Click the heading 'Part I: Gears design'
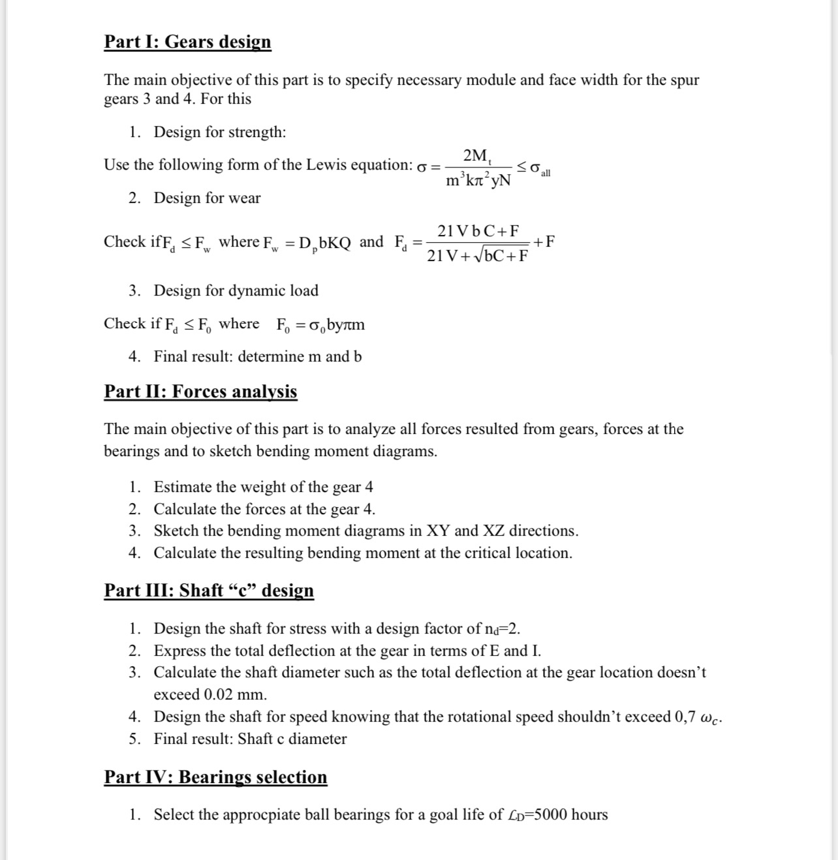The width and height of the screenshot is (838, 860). [x=187, y=42]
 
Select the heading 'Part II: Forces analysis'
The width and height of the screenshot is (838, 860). [x=200, y=392]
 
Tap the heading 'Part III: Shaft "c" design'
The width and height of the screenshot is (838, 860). [x=209, y=591]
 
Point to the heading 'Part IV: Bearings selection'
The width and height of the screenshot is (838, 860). [x=215, y=777]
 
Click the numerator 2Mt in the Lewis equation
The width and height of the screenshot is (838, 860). [x=477, y=155]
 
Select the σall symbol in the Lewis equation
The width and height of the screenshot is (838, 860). [x=540, y=169]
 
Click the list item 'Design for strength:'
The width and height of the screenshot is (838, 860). [x=219, y=132]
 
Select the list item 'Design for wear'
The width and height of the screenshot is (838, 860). [x=207, y=198]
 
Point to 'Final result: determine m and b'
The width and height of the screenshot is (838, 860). [x=257, y=356]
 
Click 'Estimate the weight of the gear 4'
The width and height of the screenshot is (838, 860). [x=263, y=487]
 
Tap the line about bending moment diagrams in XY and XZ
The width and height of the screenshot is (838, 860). [x=365, y=530]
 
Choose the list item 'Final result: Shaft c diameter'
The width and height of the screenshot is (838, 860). [x=250, y=739]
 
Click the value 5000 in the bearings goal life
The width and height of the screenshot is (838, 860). [x=551, y=815]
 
